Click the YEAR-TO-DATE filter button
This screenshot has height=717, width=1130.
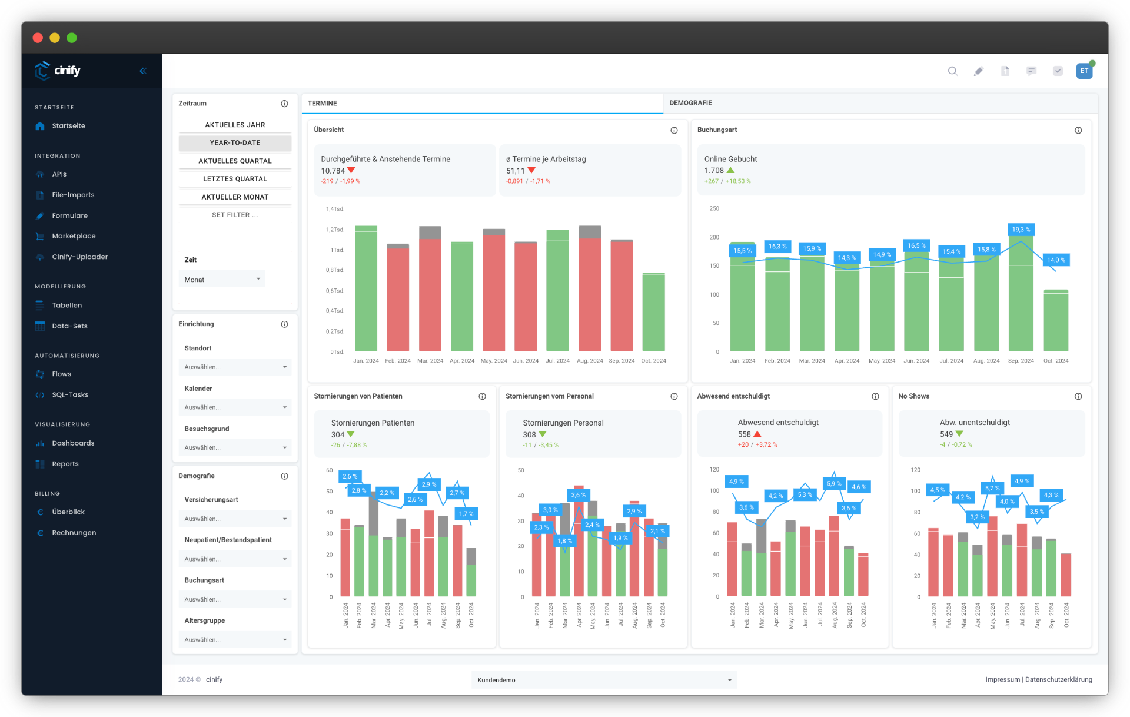(235, 143)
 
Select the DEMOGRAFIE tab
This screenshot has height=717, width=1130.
(690, 103)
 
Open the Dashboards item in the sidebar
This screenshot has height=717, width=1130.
(73, 443)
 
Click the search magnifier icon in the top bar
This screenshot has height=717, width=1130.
(952, 71)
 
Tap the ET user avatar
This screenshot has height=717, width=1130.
(1084, 71)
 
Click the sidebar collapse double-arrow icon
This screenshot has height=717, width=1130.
(143, 71)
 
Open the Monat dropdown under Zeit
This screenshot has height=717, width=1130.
(222, 280)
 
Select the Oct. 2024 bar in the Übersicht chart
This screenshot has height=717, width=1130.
(653, 312)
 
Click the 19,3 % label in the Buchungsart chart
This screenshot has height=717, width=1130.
(1021, 230)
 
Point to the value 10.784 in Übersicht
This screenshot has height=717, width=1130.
(333, 171)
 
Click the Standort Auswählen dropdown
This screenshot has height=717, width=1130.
(235, 367)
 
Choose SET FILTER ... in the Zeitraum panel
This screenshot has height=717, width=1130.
(235, 215)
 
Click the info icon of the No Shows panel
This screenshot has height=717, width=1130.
(1078, 396)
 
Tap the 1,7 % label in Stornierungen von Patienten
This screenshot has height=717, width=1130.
(466, 514)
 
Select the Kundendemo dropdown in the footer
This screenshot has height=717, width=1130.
(604, 680)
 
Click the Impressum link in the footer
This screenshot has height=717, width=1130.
(1002, 679)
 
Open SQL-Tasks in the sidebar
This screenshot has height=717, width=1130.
(70, 395)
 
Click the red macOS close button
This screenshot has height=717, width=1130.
(38, 38)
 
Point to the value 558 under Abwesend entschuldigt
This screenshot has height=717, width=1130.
(745, 434)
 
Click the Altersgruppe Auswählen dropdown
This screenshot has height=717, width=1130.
(235, 640)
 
